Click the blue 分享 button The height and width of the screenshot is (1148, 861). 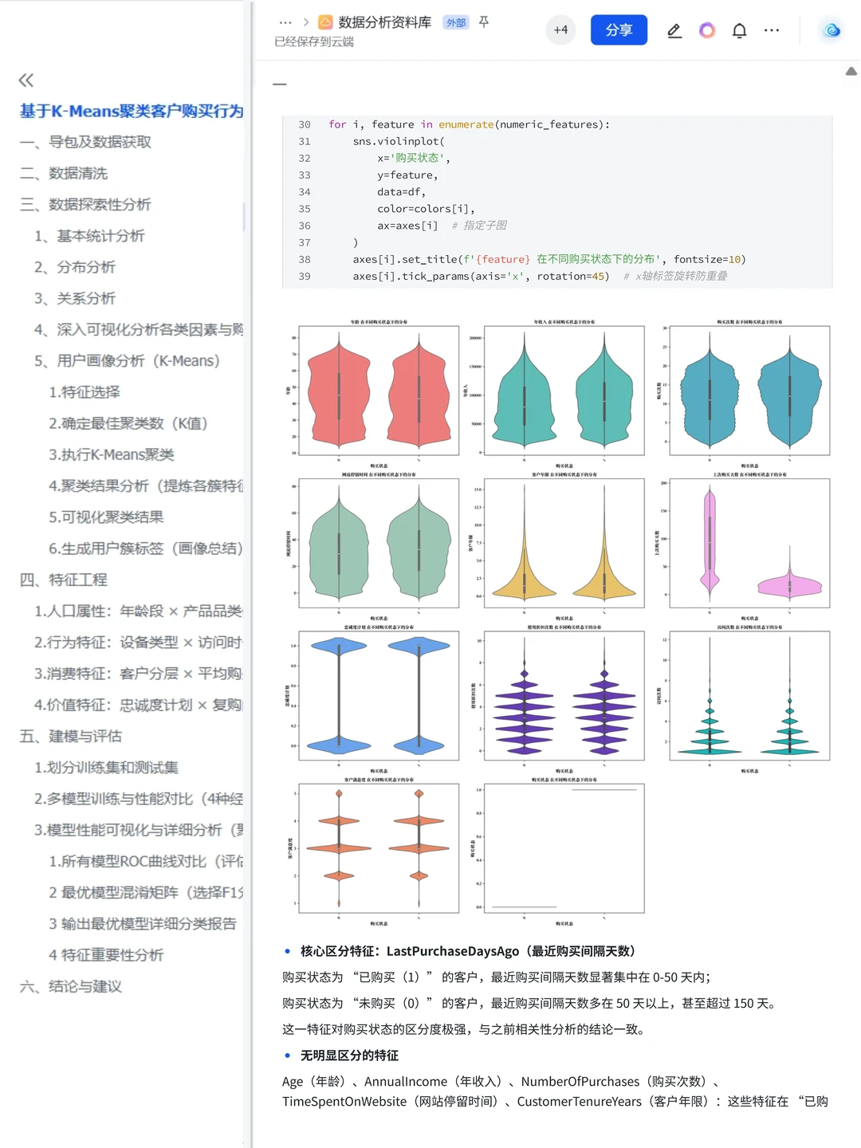pyautogui.click(x=619, y=30)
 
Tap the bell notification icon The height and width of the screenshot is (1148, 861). pyautogui.click(x=740, y=31)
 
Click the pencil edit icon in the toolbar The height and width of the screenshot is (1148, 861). pyautogui.click(x=674, y=31)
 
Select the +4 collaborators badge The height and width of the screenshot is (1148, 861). pyautogui.click(x=560, y=30)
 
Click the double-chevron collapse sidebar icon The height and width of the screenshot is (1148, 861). pyautogui.click(x=26, y=80)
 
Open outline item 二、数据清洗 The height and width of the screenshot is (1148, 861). pyautogui.click(x=78, y=173)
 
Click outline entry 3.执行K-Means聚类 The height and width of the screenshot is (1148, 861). pyautogui.click(x=112, y=454)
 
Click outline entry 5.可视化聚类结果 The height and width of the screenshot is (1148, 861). pyautogui.click(x=106, y=517)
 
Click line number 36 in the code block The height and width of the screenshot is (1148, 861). pyautogui.click(x=305, y=226)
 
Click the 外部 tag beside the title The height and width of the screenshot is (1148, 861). pyautogui.click(x=456, y=23)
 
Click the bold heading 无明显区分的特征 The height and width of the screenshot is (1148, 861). pyautogui.click(x=349, y=1056)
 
